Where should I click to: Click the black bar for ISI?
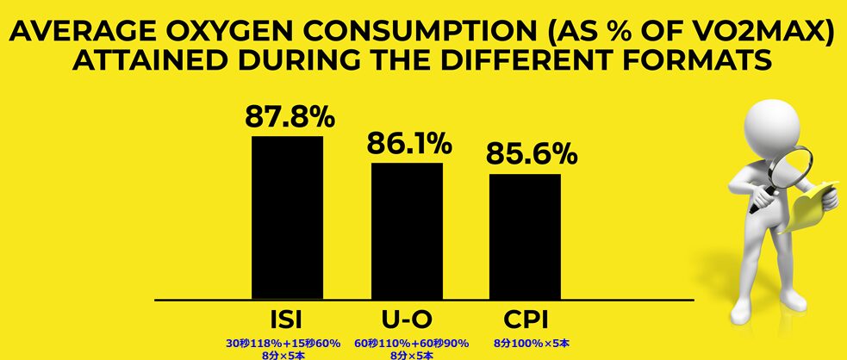click(x=287, y=217)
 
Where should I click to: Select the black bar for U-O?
click(x=407, y=230)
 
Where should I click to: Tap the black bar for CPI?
click(x=525, y=236)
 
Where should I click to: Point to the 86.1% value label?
click(x=409, y=143)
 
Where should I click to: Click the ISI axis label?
click(x=285, y=318)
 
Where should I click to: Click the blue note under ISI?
click(x=285, y=347)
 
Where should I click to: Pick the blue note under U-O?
click(x=411, y=347)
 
